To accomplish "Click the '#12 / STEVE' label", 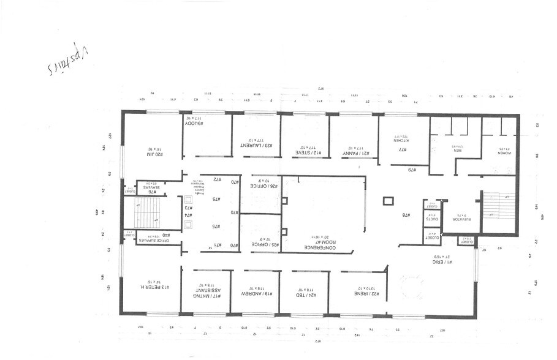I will [x=305, y=149].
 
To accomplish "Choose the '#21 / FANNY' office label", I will [x=354, y=149].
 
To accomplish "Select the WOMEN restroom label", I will [x=504, y=151].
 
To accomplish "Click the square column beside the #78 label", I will [x=388, y=201].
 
